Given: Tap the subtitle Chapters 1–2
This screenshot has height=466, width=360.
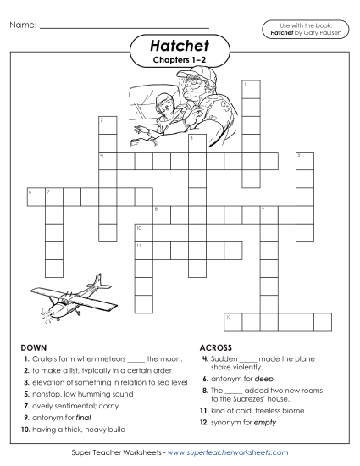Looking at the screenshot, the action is [x=180, y=61].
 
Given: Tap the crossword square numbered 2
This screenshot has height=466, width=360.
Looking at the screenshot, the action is [x=107, y=124].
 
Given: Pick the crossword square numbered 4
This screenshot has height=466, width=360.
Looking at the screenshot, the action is [x=107, y=160].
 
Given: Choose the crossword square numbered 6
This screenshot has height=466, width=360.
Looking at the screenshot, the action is [x=34, y=197].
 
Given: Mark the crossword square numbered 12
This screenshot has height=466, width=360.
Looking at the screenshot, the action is [x=232, y=319].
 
